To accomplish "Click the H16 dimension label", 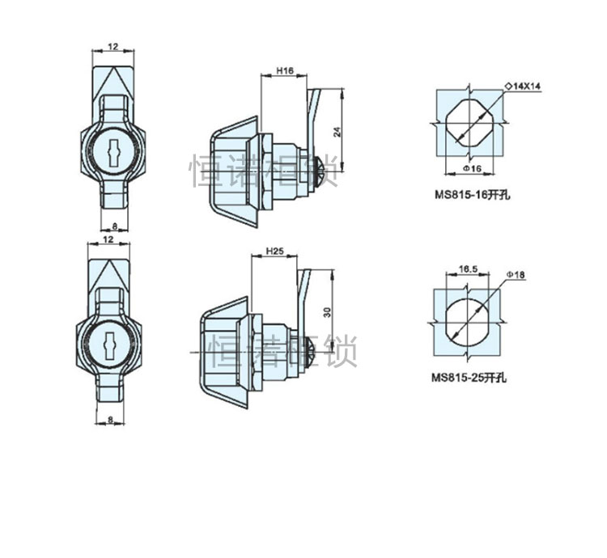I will [283, 71].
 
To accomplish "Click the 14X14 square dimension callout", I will [525, 85].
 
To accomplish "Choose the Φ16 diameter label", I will [472, 167].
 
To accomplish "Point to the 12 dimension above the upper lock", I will [112, 47].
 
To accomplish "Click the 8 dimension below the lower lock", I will [109, 420].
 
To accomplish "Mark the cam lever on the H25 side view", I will [303, 290].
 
